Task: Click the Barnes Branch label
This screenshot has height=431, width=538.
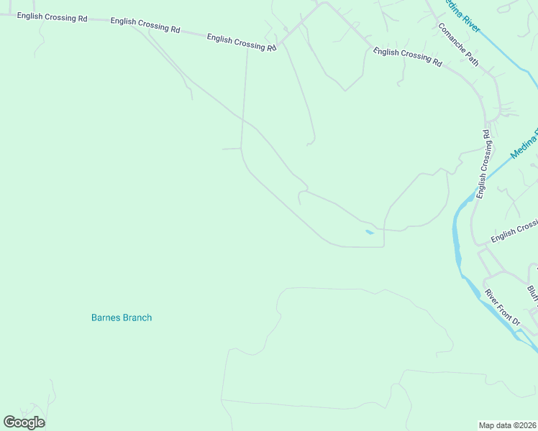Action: (122, 318)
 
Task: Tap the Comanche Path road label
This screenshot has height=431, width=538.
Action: (459, 45)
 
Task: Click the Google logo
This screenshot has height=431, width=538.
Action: (24, 422)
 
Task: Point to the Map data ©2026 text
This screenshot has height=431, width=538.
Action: (508, 425)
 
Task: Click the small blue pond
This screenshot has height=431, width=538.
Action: (370, 232)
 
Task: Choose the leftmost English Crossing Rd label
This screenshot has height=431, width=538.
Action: (52, 16)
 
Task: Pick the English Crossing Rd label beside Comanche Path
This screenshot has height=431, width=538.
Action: (408, 57)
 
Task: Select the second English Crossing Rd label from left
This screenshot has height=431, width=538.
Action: (145, 26)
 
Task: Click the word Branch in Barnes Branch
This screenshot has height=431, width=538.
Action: (137, 318)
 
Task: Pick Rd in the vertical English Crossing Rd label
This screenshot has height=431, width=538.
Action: (487, 134)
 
